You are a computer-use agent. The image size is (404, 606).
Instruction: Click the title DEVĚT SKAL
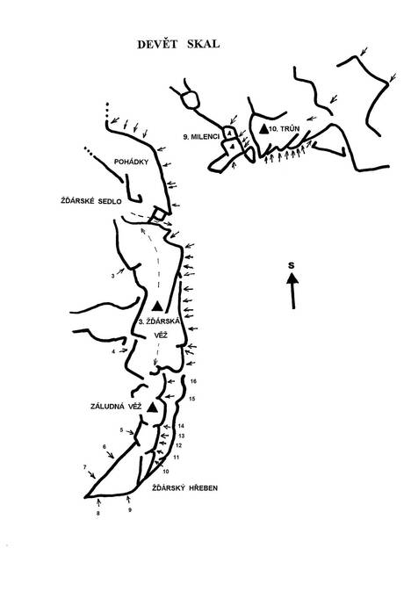tap(178, 44)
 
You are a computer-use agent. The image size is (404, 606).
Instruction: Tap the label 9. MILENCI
tap(201, 137)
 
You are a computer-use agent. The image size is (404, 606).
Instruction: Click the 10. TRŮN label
tap(285, 129)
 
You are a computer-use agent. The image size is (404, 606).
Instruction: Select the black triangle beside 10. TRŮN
tap(263, 129)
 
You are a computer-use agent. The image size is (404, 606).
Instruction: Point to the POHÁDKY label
tap(131, 162)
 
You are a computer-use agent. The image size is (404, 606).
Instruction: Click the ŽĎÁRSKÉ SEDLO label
tap(91, 201)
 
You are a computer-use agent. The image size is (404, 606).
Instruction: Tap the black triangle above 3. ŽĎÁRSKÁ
tap(156, 307)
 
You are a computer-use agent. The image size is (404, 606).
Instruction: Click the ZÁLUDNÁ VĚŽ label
tap(116, 407)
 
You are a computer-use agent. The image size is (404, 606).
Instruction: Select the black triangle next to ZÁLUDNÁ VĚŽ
tap(152, 407)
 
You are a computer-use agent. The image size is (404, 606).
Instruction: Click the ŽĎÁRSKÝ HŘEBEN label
tap(184, 488)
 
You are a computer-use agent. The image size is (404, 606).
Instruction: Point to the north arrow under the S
tap(292, 291)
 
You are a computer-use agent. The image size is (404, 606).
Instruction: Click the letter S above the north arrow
tap(291, 265)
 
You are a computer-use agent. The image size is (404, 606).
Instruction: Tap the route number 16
tap(194, 381)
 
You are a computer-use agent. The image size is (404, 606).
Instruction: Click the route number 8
tap(98, 514)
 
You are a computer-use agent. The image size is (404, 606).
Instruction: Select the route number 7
tap(84, 467)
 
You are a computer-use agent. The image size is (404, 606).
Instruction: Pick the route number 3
tap(113, 277)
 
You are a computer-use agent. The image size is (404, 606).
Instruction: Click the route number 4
tap(113, 351)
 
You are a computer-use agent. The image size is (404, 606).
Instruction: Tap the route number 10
tap(166, 472)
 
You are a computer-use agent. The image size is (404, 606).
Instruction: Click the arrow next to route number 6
tap(110, 454)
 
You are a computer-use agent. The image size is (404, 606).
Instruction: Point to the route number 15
tap(192, 399)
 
